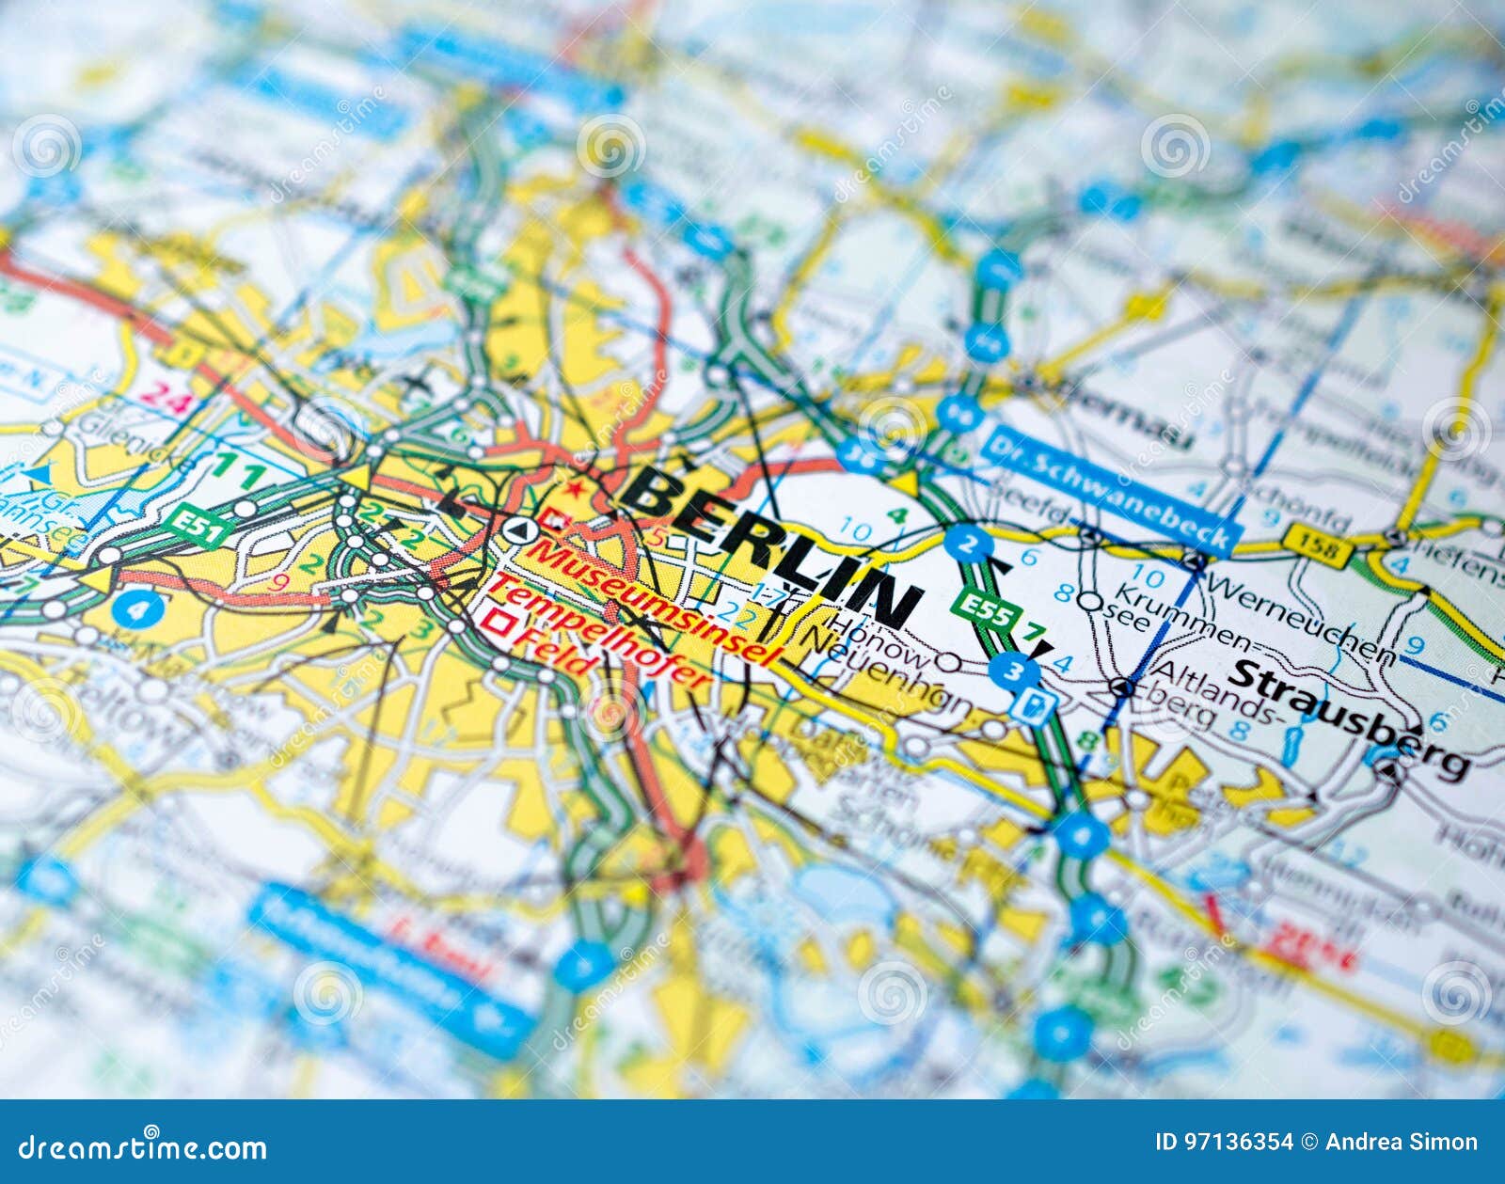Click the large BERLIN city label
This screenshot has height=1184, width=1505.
pos(771,545)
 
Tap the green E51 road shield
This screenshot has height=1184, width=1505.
pos(198,524)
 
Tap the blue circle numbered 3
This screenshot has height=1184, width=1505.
pos(1014,671)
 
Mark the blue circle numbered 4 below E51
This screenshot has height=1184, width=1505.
pos(137,609)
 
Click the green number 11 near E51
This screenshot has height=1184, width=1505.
pos(238,472)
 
